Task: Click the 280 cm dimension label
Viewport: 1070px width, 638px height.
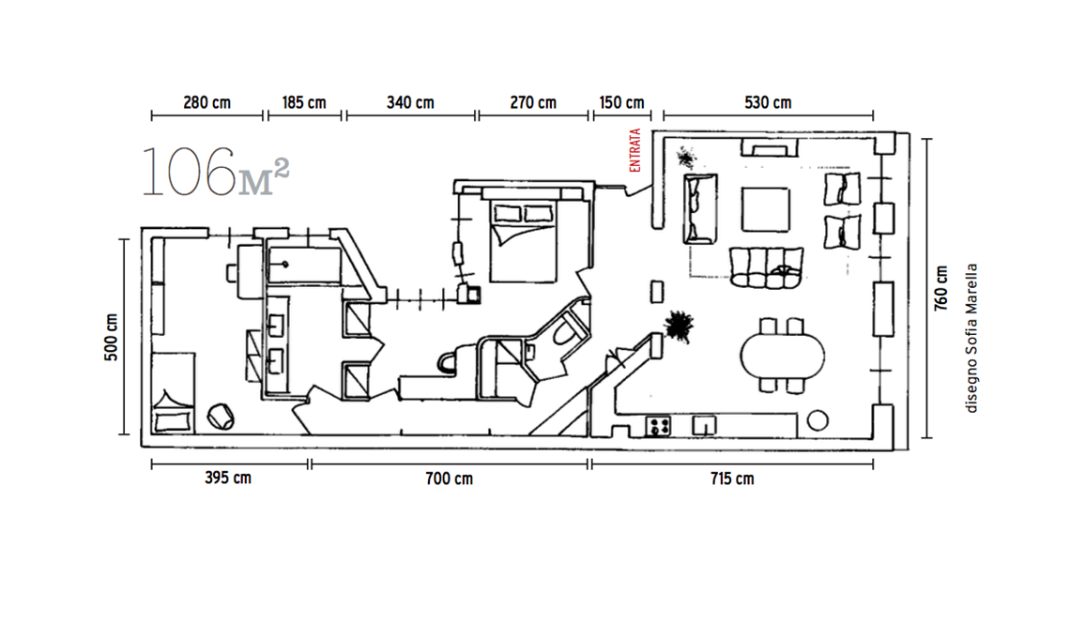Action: click(206, 103)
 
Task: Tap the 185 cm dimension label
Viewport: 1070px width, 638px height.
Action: click(304, 103)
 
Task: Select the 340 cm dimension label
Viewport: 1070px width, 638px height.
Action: click(410, 103)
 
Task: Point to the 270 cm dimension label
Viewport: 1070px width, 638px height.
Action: click(533, 103)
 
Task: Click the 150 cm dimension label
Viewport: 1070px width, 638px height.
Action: click(621, 103)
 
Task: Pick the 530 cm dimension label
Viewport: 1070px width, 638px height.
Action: click(768, 103)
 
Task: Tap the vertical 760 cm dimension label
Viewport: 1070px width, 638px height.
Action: click(941, 288)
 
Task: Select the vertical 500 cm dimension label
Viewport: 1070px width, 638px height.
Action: click(112, 337)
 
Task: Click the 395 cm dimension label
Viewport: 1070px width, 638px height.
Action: click(228, 478)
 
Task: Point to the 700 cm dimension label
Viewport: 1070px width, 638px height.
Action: click(449, 478)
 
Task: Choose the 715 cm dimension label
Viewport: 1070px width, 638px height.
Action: click(732, 478)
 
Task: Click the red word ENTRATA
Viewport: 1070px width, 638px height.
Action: click(635, 150)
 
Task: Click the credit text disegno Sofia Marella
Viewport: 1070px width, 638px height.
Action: click(971, 339)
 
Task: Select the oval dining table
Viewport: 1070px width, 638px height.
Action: click(782, 356)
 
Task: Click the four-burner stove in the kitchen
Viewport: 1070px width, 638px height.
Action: click(658, 427)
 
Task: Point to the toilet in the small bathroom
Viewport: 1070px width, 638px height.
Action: click(565, 332)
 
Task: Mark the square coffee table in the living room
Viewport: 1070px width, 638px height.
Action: click(766, 209)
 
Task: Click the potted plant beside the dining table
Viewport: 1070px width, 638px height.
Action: click(679, 326)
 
